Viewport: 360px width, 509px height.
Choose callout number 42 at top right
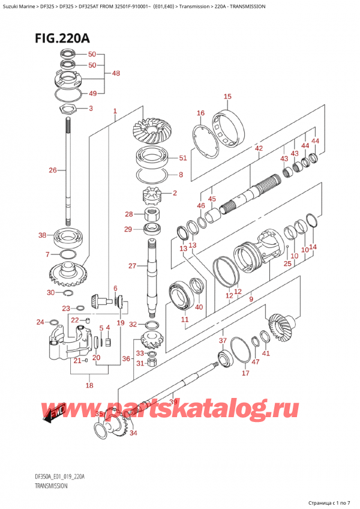(259, 148)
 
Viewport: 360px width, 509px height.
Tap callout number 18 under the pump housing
(89, 385)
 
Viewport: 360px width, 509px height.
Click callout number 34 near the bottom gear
(133, 433)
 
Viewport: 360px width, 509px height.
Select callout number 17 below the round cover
(245, 373)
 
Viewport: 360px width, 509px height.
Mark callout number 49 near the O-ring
(93, 93)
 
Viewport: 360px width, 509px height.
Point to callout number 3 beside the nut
(91, 109)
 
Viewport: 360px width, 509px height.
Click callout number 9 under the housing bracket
(251, 299)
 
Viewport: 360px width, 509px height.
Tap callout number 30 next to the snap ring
(51, 292)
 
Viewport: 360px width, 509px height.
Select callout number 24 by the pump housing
(40, 322)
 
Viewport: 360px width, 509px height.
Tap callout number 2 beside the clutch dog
(175, 193)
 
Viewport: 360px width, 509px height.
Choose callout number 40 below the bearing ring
(199, 307)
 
